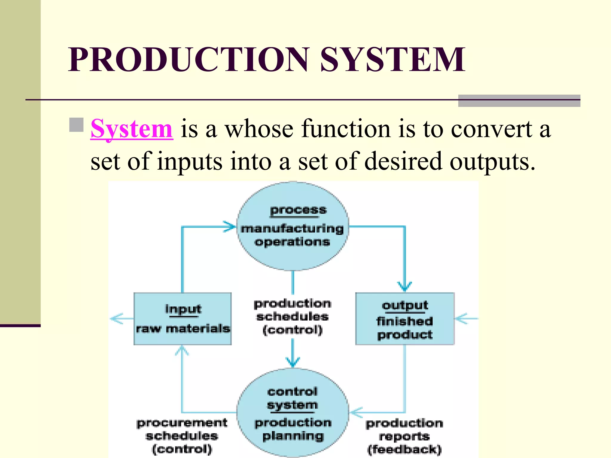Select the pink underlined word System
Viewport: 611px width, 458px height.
coord(132,129)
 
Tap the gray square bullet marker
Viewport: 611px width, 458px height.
coord(76,125)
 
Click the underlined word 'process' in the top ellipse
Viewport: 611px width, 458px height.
coord(298,210)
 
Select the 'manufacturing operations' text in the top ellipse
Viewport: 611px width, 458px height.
coord(292,235)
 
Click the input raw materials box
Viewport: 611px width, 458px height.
coord(183,319)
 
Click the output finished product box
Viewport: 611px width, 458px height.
coord(405,319)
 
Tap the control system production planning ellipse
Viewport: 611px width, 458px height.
coord(293,413)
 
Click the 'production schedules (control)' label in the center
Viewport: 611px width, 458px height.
coord(292,317)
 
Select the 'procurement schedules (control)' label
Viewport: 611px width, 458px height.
coord(182,436)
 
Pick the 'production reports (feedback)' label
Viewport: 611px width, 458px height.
coord(405,436)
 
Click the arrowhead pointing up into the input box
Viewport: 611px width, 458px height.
coord(182,350)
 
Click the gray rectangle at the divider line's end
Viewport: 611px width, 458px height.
coord(519,101)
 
